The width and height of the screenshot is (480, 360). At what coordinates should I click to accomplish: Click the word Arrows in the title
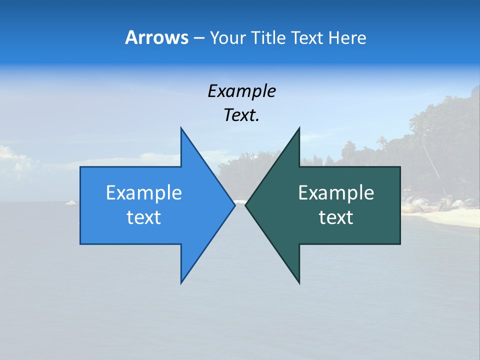click(x=156, y=37)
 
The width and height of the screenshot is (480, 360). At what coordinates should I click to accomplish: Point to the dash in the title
click(x=198, y=38)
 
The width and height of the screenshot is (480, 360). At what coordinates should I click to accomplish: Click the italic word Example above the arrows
click(x=242, y=91)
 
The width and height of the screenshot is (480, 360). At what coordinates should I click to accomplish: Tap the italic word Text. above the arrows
click(x=242, y=115)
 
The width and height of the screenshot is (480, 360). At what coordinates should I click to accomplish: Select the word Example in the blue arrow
click(x=144, y=193)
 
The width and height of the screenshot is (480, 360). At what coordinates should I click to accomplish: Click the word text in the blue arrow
click(x=144, y=217)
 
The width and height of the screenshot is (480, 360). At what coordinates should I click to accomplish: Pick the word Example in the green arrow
click(x=336, y=193)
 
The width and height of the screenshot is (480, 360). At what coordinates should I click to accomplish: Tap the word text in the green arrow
click(x=336, y=217)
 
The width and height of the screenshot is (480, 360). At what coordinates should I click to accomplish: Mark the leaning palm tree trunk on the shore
click(x=432, y=160)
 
